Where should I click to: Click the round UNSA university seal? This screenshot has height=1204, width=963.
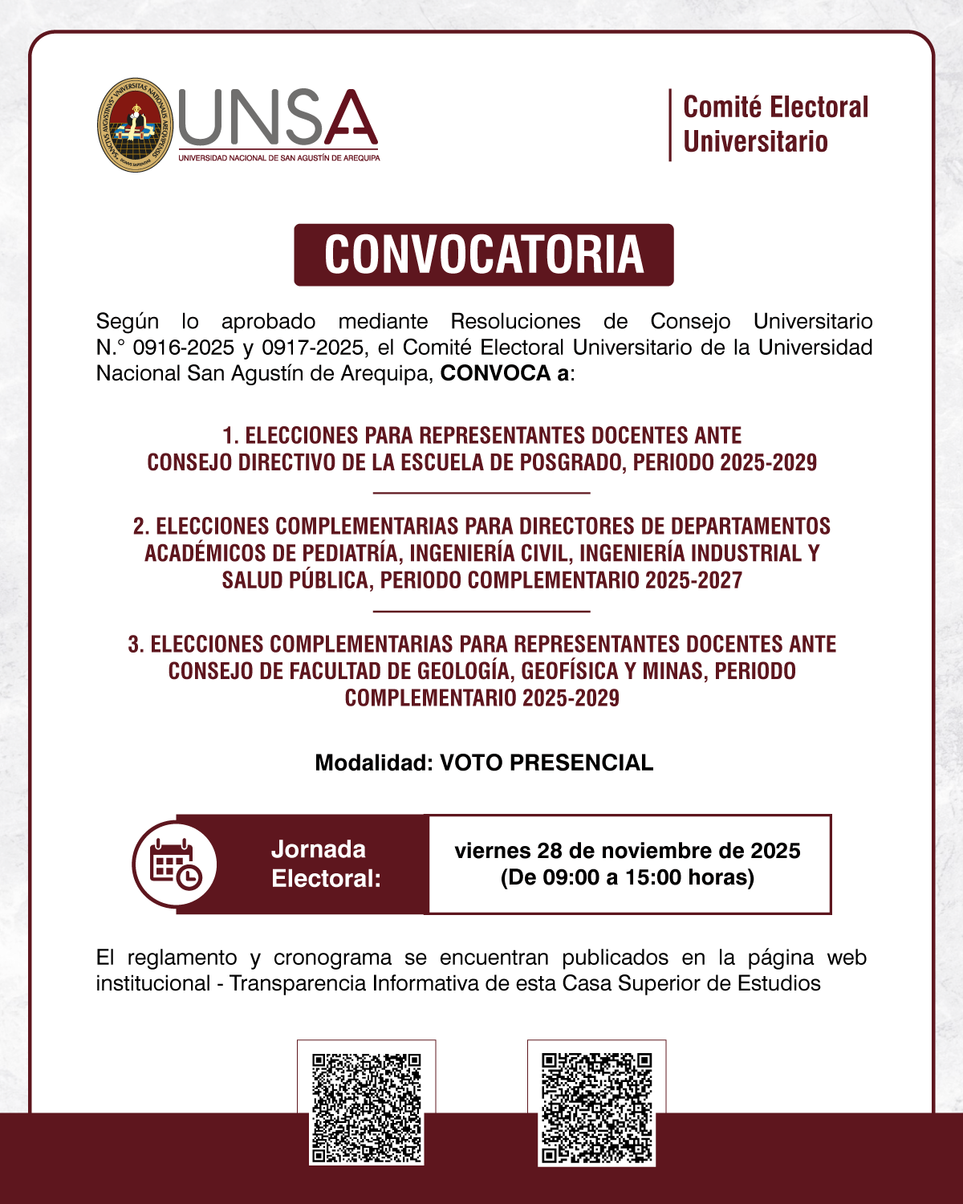(x=135, y=124)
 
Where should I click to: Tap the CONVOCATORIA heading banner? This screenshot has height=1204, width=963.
(x=483, y=255)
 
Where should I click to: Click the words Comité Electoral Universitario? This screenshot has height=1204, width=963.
(x=775, y=124)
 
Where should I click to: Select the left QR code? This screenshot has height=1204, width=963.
(x=367, y=1108)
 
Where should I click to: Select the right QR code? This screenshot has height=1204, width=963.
(x=596, y=1108)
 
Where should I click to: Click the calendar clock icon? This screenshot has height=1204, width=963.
(x=175, y=864)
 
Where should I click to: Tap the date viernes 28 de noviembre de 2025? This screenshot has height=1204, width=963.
(x=628, y=851)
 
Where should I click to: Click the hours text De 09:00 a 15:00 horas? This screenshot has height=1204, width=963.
(x=628, y=877)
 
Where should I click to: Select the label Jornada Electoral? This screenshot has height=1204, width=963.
(x=326, y=864)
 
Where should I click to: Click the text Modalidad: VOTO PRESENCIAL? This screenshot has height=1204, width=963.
(x=484, y=763)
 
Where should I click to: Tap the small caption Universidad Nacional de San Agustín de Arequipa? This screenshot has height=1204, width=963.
(x=279, y=158)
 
